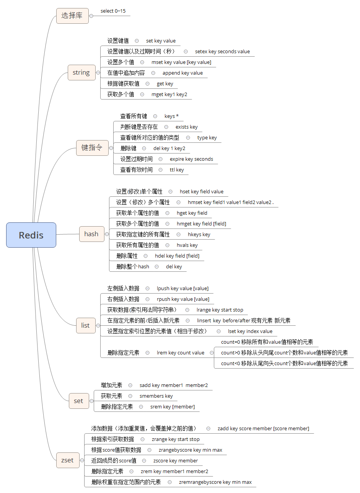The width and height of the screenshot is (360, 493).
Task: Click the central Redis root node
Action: [x=31, y=235]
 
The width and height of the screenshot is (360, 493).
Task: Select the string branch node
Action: [x=81, y=72]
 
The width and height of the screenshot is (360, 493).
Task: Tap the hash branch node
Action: [x=91, y=234]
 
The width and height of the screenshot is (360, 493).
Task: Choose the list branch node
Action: [x=85, y=325]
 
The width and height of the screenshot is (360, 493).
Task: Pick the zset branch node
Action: [x=67, y=460]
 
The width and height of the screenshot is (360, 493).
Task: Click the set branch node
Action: [x=78, y=401]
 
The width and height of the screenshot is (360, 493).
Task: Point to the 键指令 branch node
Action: [x=92, y=148]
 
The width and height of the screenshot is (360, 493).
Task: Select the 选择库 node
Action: [x=72, y=16]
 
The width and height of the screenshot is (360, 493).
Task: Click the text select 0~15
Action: [x=113, y=11]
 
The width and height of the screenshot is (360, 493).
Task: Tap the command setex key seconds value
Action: [x=222, y=52]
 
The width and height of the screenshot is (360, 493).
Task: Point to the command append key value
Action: [x=182, y=73]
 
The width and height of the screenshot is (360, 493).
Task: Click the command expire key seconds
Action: [x=191, y=159]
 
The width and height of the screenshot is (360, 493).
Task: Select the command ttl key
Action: [x=177, y=170]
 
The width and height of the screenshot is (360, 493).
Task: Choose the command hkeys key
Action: [x=199, y=235]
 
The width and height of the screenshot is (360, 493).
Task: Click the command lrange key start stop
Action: [x=220, y=310]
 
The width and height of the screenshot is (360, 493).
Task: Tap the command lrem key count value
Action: [x=181, y=353]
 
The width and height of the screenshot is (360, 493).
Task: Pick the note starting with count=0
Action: [x=267, y=342]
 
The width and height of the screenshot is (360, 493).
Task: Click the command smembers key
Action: [x=156, y=396]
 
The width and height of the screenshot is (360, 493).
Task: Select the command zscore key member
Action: [x=176, y=461]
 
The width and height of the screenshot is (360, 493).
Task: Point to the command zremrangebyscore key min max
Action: [x=215, y=482]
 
